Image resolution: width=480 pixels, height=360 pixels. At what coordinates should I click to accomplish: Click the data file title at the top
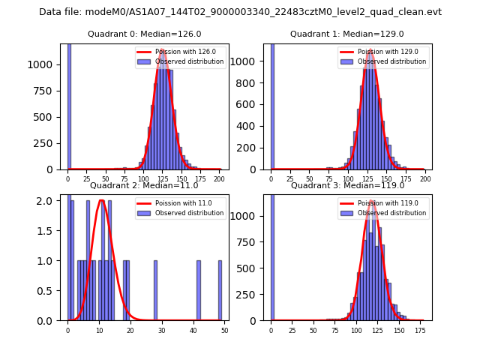(240, 12)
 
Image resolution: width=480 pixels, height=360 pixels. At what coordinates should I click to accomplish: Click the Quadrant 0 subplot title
(144, 34)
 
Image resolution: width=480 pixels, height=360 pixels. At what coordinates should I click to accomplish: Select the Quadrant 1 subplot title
(347, 34)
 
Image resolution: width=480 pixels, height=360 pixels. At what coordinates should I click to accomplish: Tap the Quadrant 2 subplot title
(144, 185)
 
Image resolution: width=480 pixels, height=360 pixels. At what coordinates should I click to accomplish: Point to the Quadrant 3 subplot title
(347, 185)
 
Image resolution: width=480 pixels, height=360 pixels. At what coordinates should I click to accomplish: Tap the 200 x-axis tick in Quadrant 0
(219, 179)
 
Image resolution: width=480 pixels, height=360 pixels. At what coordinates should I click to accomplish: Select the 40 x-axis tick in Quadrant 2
(193, 330)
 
